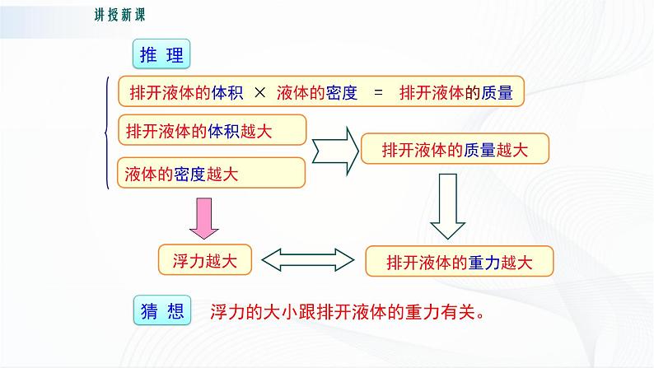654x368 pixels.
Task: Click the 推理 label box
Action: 161,55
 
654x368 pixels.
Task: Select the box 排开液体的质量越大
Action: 455,150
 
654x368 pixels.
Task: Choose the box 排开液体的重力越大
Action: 459,262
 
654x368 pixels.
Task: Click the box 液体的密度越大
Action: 212,174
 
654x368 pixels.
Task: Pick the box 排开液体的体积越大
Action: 212,129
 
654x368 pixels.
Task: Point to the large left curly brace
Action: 107,133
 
